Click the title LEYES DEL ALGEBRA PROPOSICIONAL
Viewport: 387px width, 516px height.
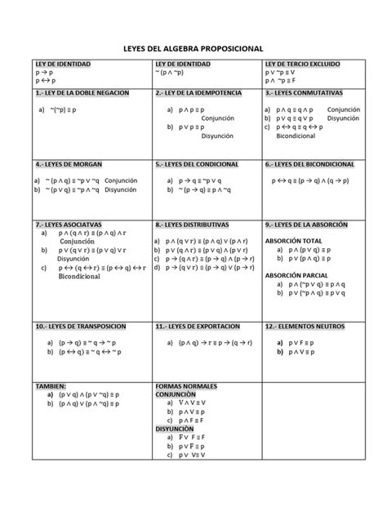coord(193,49)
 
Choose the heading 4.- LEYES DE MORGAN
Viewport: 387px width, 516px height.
coord(68,164)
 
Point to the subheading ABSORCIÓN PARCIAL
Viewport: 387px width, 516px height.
coord(294,275)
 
